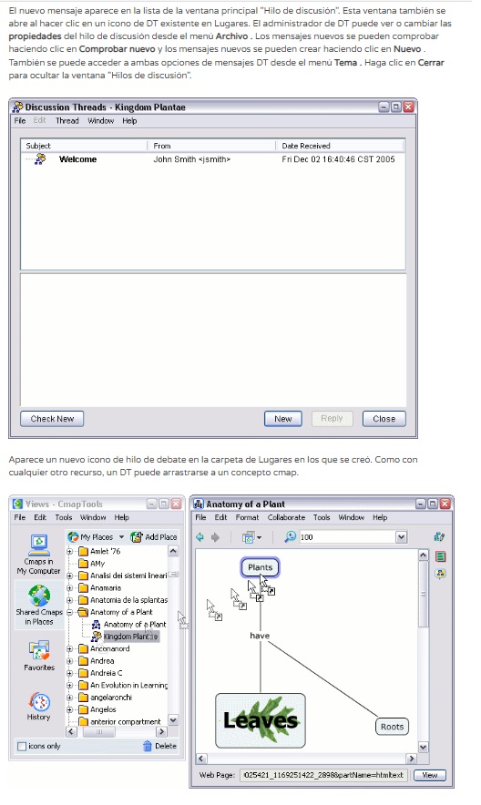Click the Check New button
(52, 419)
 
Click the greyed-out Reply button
(332, 419)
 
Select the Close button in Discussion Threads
(384, 419)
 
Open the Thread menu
(67, 120)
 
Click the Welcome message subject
(77, 159)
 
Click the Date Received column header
(306, 146)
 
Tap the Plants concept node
(261, 567)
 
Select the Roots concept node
(393, 727)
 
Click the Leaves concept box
(261, 720)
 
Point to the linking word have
(260, 636)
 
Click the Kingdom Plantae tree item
(130, 637)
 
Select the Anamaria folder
(106, 588)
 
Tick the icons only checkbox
(22, 746)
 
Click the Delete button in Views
(159, 746)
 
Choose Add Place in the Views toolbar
(154, 537)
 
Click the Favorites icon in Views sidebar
(39, 655)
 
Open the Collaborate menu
(286, 517)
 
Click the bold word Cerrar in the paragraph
(431, 62)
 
